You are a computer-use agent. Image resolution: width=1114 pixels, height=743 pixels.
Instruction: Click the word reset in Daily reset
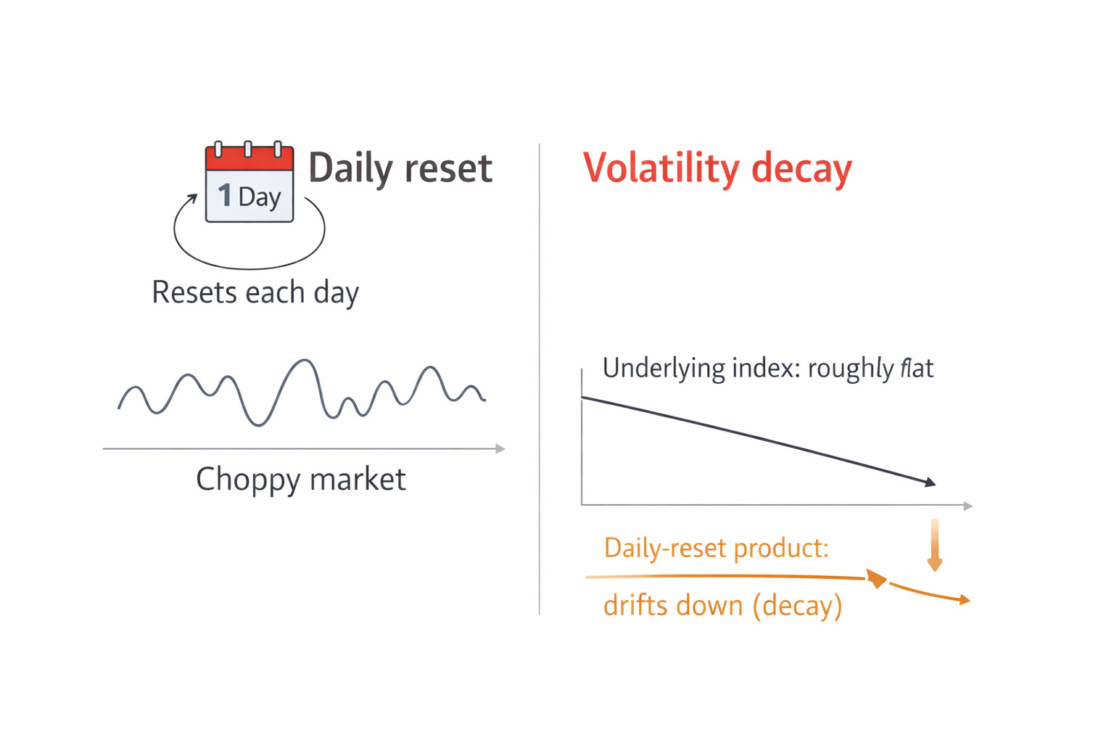[x=449, y=168]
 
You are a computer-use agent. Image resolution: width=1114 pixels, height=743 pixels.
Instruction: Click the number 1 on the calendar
[x=225, y=195]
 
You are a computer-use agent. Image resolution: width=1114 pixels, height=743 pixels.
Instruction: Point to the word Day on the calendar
[x=260, y=197]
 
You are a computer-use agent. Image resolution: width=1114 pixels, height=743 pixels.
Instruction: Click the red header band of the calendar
[x=249, y=159]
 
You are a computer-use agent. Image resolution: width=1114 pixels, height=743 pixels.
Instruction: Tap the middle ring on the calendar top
[x=247, y=149]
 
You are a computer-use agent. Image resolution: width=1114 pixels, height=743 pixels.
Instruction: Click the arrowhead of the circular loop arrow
[x=191, y=199]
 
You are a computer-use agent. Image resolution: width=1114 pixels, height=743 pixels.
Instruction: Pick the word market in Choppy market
[x=358, y=479]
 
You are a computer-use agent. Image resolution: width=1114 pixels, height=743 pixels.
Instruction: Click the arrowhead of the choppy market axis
[x=500, y=449]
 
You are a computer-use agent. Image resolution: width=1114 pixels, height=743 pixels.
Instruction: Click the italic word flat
[x=916, y=369]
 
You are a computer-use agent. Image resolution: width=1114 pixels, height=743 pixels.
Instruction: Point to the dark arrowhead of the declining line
[x=930, y=482]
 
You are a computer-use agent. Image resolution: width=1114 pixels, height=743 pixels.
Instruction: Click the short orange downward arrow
[x=934, y=545]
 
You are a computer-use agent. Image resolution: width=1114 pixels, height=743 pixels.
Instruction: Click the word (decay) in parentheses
[x=797, y=606]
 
